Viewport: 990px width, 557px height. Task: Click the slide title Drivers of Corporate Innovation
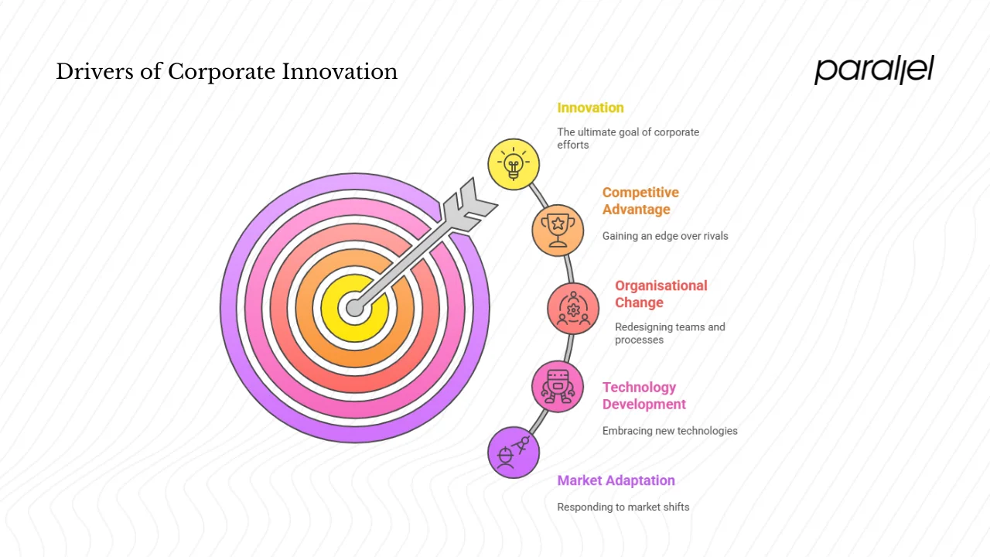pyautogui.click(x=227, y=72)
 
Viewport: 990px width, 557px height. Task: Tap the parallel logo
pyautogui.click(x=874, y=70)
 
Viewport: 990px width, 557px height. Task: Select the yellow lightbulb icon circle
pyautogui.click(x=514, y=164)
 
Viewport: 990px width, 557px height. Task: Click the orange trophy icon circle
pyautogui.click(x=557, y=230)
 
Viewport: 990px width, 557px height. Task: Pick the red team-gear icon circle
pyautogui.click(x=573, y=308)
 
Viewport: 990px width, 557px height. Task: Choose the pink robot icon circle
pyautogui.click(x=558, y=386)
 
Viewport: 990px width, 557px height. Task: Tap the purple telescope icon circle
pyautogui.click(x=514, y=453)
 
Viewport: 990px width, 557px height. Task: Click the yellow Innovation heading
pyautogui.click(x=590, y=108)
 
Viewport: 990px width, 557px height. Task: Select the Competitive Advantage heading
pyautogui.click(x=640, y=201)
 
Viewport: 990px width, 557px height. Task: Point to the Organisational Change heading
pyautogui.click(x=661, y=294)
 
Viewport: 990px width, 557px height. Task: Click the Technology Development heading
pyautogui.click(x=643, y=395)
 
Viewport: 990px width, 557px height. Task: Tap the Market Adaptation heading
pyautogui.click(x=616, y=480)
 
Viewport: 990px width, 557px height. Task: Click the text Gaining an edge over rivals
pyautogui.click(x=665, y=236)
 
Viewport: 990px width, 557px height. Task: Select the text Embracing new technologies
pyautogui.click(x=670, y=430)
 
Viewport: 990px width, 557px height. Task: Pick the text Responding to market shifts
pyautogui.click(x=623, y=507)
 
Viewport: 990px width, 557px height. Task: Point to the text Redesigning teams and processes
pyautogui.click(x=670, y=333)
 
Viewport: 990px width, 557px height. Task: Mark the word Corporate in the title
pyautogui.click(x=221, y=72)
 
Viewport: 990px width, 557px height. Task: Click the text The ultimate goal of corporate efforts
pyautogui.click(x=627, y=138)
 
